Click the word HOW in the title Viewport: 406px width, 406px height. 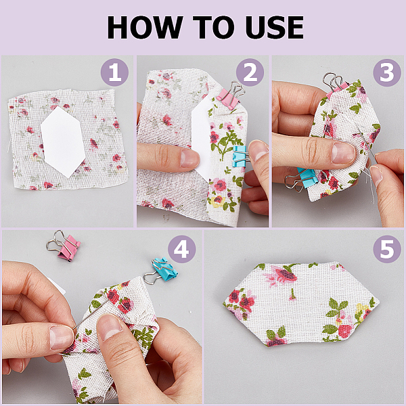145,27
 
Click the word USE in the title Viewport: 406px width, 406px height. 275,27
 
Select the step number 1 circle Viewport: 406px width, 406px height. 114,72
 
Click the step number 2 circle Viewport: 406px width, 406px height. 250,72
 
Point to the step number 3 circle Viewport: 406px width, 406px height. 387,72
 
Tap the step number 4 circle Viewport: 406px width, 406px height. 182,249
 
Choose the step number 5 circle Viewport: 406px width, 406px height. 387,249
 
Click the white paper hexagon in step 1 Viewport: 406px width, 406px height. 63,142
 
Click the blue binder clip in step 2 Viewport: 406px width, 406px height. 240,156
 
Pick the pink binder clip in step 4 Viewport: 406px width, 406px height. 64,246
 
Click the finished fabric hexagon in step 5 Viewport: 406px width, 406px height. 301,304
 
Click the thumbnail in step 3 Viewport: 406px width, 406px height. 342,153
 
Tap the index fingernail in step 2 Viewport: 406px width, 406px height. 189,158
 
